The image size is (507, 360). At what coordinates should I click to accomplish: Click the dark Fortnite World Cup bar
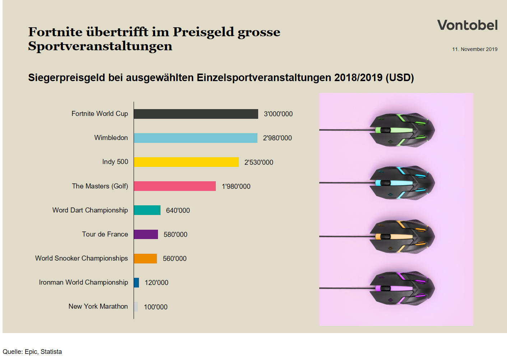click(x=196, y=114)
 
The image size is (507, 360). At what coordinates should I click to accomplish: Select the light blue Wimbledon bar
click(x=195, y=138)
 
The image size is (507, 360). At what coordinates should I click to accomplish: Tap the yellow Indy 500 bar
click(x=186, y=162)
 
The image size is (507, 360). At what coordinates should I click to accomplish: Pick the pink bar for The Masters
click(x=175, y=186)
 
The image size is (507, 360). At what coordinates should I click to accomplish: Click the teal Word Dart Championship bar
click(x=147, y=210)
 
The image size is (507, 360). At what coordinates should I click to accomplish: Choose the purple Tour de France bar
click(x=146, y=234)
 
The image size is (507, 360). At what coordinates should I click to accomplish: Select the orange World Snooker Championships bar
click(x=145, y=258)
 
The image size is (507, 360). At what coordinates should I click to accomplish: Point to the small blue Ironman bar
click(x=136, y=282)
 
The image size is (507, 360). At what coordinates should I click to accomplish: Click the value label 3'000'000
click(x=278, y=114)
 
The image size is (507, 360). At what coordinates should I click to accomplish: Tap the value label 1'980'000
click(x=236, y=186)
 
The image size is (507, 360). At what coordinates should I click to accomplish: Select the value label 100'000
click(x=155, y=307)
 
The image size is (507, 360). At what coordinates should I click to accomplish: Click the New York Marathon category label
click(x=98, y=306)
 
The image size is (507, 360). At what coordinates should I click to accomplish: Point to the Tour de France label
click(x=105, y=234)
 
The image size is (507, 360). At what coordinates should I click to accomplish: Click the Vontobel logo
click(x=467, y=25)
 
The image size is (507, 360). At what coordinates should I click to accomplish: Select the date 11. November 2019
click(x=475, y=49)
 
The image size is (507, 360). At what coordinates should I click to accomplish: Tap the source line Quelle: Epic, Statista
click(x=32, y=352)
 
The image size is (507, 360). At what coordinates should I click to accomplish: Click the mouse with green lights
click(x=402, y=130)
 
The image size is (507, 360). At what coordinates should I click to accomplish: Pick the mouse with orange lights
click(x=402, y=237)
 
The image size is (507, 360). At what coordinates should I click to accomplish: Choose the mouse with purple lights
click(x=402, y=288)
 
